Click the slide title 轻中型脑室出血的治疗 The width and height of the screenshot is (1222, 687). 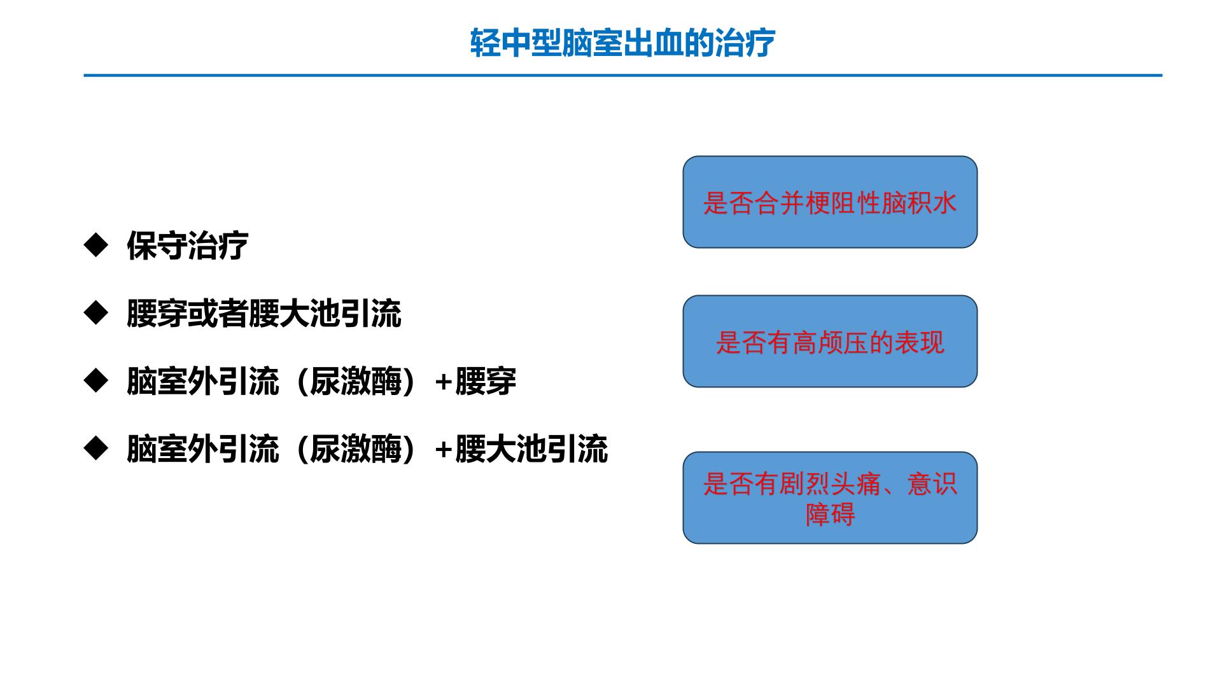622,43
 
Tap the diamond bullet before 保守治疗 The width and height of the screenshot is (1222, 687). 96,245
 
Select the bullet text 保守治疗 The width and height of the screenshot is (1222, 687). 187,246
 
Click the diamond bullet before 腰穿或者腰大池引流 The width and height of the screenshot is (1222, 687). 96,313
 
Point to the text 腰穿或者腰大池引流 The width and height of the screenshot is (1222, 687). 264,314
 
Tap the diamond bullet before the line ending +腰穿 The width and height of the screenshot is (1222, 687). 96,381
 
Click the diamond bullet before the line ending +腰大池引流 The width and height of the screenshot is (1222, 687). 96,449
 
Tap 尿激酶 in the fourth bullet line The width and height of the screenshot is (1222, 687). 356,450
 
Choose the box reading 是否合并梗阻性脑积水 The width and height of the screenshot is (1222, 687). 830,202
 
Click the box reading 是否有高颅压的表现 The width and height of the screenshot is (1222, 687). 830,341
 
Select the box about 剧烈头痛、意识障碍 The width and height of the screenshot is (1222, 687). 830,497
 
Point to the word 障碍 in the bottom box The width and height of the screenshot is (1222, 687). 830,514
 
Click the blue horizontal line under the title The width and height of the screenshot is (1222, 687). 623,75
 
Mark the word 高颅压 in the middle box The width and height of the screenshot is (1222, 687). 830,343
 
